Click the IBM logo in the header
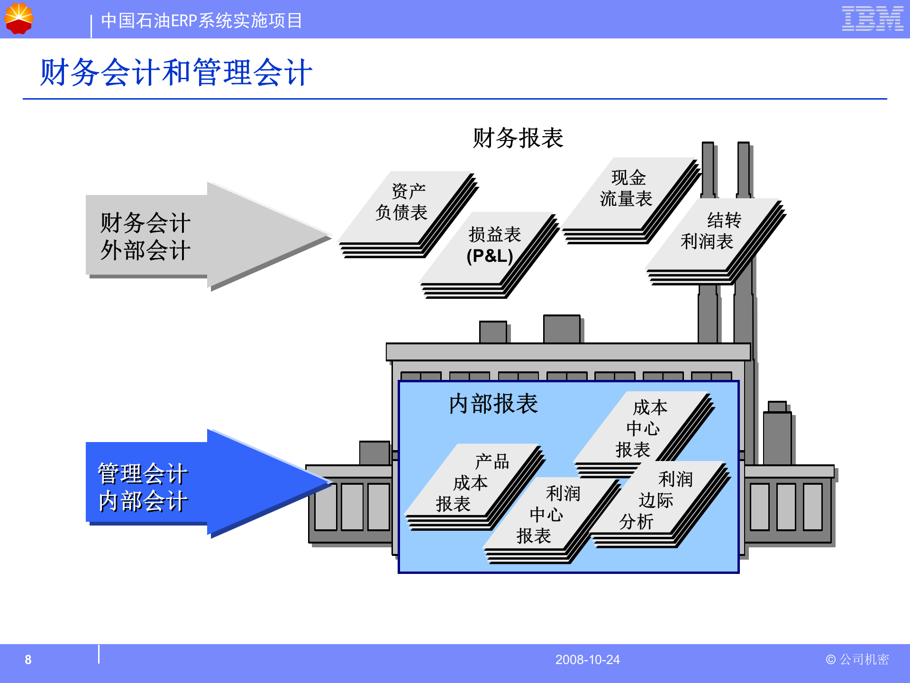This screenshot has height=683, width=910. [872, 19]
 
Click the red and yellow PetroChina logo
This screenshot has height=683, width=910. [18, 18]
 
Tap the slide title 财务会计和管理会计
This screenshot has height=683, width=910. [176, 73]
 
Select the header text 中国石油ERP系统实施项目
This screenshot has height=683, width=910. [201, 21]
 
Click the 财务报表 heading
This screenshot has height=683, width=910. [518, 138]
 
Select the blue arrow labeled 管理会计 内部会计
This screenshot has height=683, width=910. [190, 484]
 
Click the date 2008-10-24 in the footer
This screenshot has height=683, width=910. [587, 660]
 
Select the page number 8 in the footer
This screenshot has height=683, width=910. [28, 660]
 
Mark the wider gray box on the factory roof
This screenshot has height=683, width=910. [562, 329]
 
